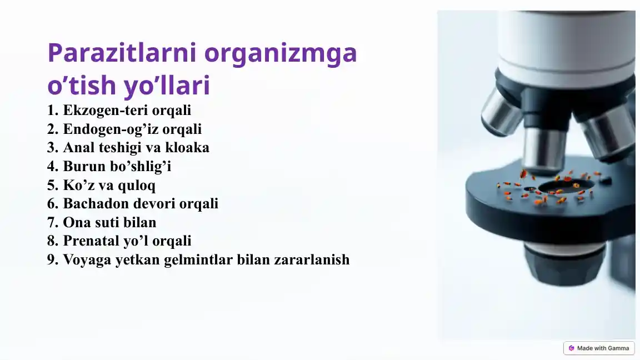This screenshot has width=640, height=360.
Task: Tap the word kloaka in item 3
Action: click(x=187, y=148)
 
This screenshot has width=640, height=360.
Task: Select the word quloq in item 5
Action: click(x=137, y=185)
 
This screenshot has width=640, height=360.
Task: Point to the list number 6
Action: click(x=52, y=204)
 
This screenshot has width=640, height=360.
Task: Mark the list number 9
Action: click(x=52, y=259)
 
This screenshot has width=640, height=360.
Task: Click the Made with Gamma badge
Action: click(x=598, y=348)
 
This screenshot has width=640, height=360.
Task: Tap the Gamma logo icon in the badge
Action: click(x=571, y=348)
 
